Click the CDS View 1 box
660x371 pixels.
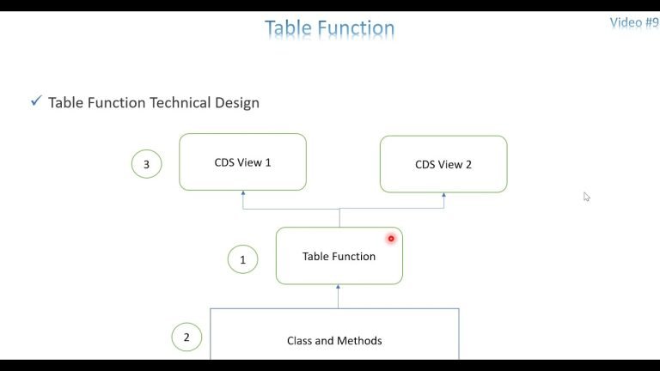pos(242,161)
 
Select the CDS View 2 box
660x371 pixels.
pos(443,164)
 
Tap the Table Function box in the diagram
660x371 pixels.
pos(339,256)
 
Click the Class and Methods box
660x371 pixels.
pos(334,340)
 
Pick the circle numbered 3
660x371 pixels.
pos(146,163)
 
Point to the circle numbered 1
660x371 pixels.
pos(242,258)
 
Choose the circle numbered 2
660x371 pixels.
pos(186,337)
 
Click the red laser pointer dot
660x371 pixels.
pos(391,239)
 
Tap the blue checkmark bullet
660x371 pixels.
pos(36,101)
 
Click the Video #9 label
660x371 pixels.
pos(633,23)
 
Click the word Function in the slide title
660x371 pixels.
pos(356,28)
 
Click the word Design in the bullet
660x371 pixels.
pos(238,103)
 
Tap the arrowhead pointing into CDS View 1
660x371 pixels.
pos(243,194)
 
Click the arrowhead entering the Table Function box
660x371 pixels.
pos(339,288)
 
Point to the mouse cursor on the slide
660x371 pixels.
pos(586,197)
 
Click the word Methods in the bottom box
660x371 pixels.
pos(361,341)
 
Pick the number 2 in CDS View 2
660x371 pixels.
pos(467,165)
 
